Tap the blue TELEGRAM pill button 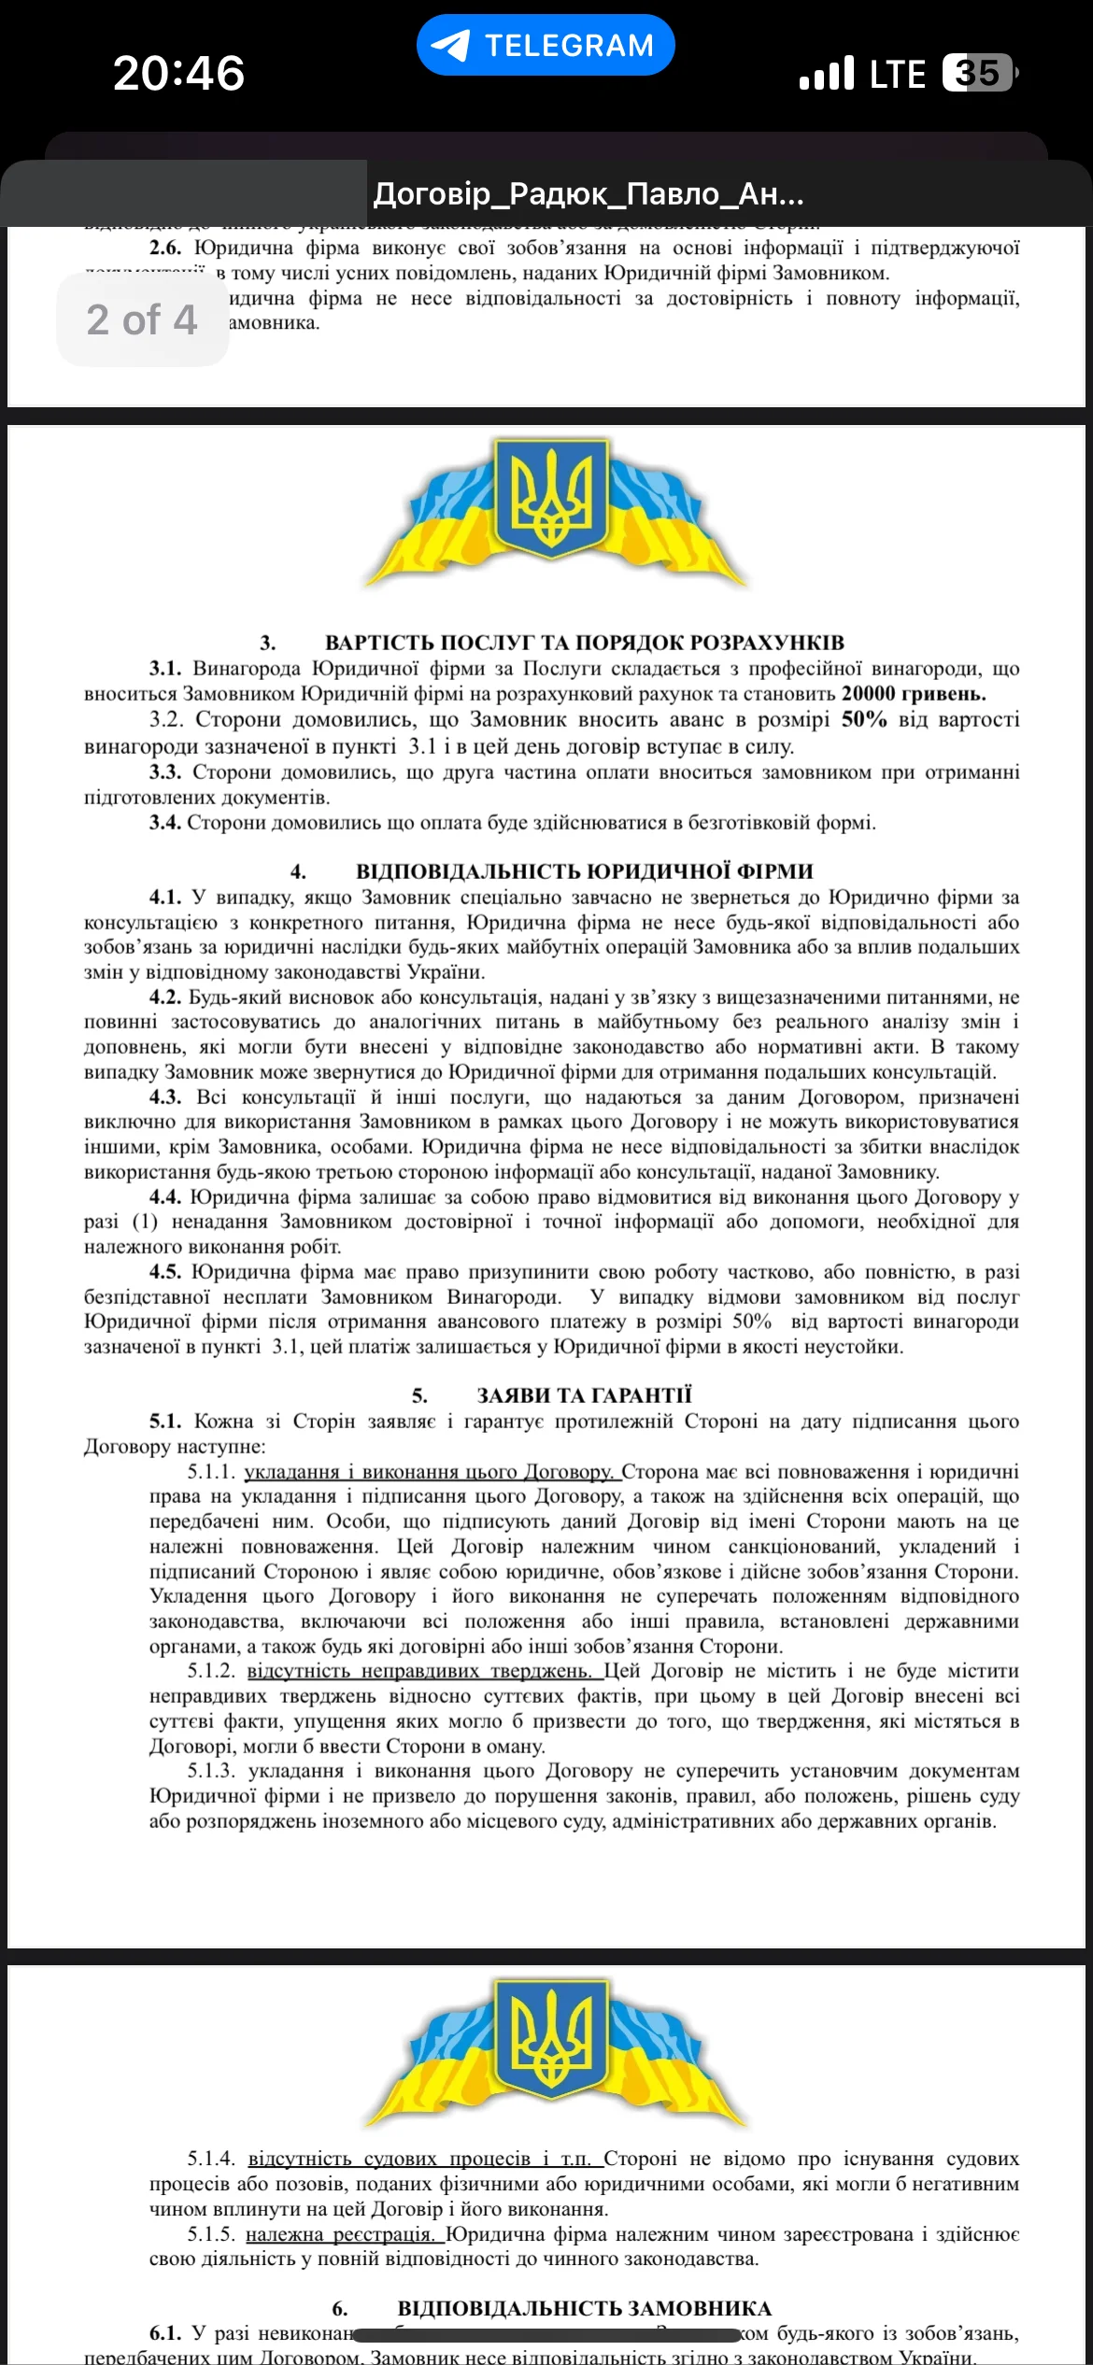click(x=546, y=45)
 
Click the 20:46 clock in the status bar click(x=178, y=73)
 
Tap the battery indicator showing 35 click(x=978, y=73)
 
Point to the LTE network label click(x=897, y=74)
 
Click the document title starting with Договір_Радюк click(x=589, y=194)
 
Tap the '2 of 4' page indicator click(x=142, y=319)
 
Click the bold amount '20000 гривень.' click(x=913, y=694)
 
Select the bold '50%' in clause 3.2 click(x=863, y=719)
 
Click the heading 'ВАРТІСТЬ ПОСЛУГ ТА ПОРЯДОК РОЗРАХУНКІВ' click(x=584, y=643)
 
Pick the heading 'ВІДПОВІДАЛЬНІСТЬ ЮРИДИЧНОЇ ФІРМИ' click(x=584, y=871)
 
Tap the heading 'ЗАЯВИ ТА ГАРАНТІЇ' click(x=584, y=1395)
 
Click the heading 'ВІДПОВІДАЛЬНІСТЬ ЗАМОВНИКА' click(x=584, y=2309)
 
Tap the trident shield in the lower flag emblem click(x=551, y=2037)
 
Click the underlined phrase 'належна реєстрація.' click(x=341, y=2234)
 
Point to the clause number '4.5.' click(x=165, y=1272)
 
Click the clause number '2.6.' click(x=165, y=248)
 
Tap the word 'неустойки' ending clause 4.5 click(x=859, y=1347)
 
